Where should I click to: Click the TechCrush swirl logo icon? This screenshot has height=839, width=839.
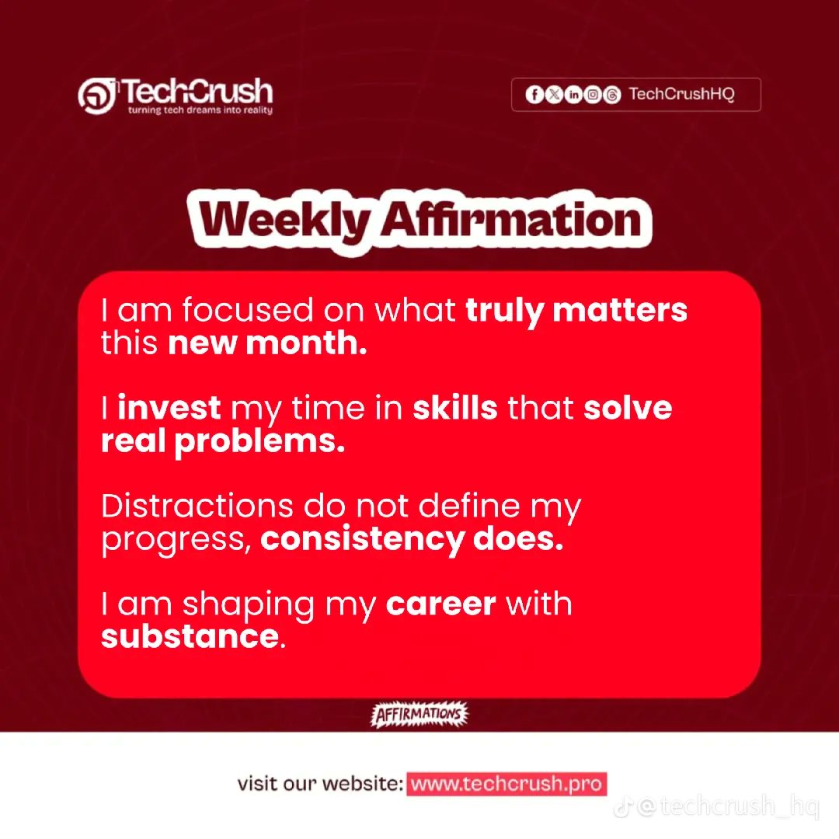pyautogui.click(x=97, y=96)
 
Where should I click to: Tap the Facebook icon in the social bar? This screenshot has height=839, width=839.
pyautogui.click(x=534, y=95)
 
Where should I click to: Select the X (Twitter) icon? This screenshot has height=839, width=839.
pyautogui.click(x=554, y=95)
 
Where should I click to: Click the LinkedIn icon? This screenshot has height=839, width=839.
pyautogui.click(x=573, y=95)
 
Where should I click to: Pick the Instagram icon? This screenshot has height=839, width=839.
pyautogui.click(x=593, y=95)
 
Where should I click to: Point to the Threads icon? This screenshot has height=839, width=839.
pyautogui.click(x=612, y=95)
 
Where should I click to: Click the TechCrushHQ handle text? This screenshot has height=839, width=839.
pyautogui.click(x=682, y=94)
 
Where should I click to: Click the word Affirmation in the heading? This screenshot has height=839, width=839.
pyautogui.click(x=512, y=220)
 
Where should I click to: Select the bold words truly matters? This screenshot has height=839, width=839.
pyautogui.click(x=576, y=310)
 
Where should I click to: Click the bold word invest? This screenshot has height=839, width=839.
pyautogui.click(x=169, y=408)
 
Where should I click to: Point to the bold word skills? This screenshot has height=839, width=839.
pyautogui.click(x=454, y=408)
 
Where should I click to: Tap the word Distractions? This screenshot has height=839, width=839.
pyautogui.click(x=197, y=506)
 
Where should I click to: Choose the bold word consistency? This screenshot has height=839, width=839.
pyautogui.click(x=362, y=539)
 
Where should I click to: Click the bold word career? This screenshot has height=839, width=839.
pyautogui.click(x=441, y=604)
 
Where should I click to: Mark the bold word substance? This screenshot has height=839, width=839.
pyautogui.click(x=190, y=637)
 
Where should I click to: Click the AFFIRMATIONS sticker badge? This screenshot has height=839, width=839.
pyautogui.click(x=419, y=715)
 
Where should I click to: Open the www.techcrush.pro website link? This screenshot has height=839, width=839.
pyautogui.click(x=507, y=784)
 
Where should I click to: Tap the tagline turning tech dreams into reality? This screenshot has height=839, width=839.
pyautogui.click(x=200, y=110)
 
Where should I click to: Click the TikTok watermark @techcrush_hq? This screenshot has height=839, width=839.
pyautogui.click(x=716, y=806)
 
